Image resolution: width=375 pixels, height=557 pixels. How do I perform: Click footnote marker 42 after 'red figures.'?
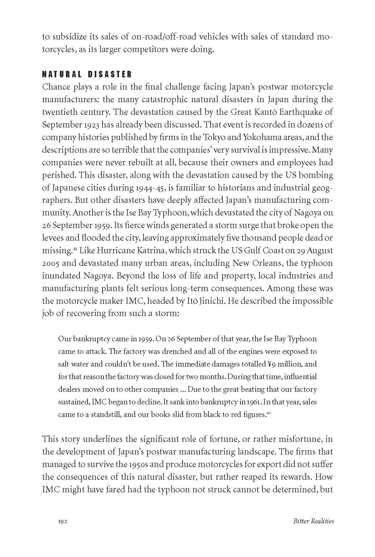click(268, 413)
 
